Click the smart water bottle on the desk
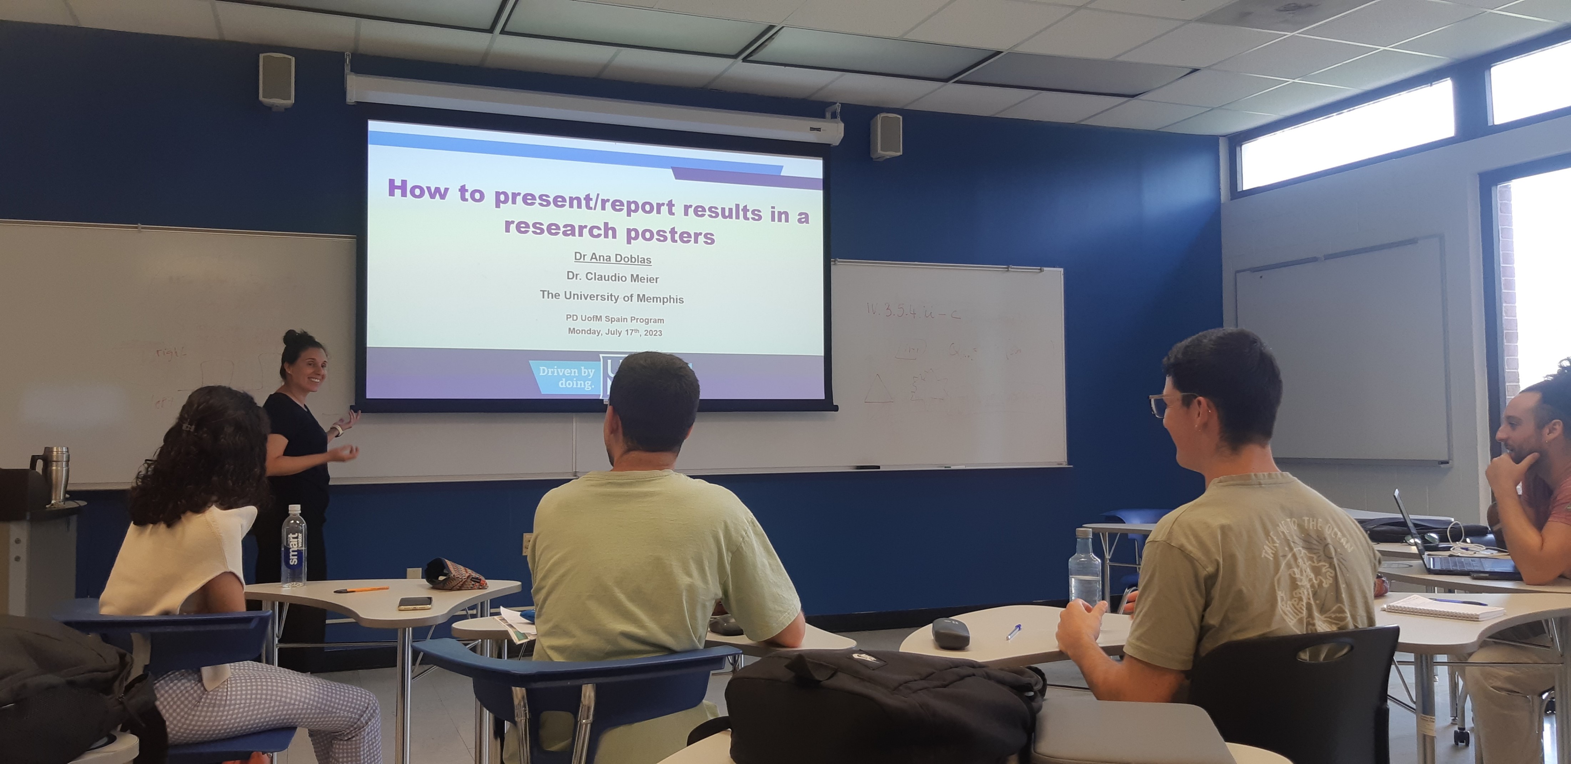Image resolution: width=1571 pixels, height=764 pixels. click(294, 547)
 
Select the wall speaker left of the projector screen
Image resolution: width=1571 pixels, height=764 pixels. click(276, 80)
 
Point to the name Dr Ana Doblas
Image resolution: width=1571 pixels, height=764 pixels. click(612, 258)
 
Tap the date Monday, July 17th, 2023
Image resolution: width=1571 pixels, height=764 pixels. click(615, 332)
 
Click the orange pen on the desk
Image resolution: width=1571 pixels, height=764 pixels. click(361, 589)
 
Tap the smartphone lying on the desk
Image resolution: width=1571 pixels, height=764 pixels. click(415, 603)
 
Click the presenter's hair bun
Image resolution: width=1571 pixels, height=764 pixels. click(291, 337)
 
